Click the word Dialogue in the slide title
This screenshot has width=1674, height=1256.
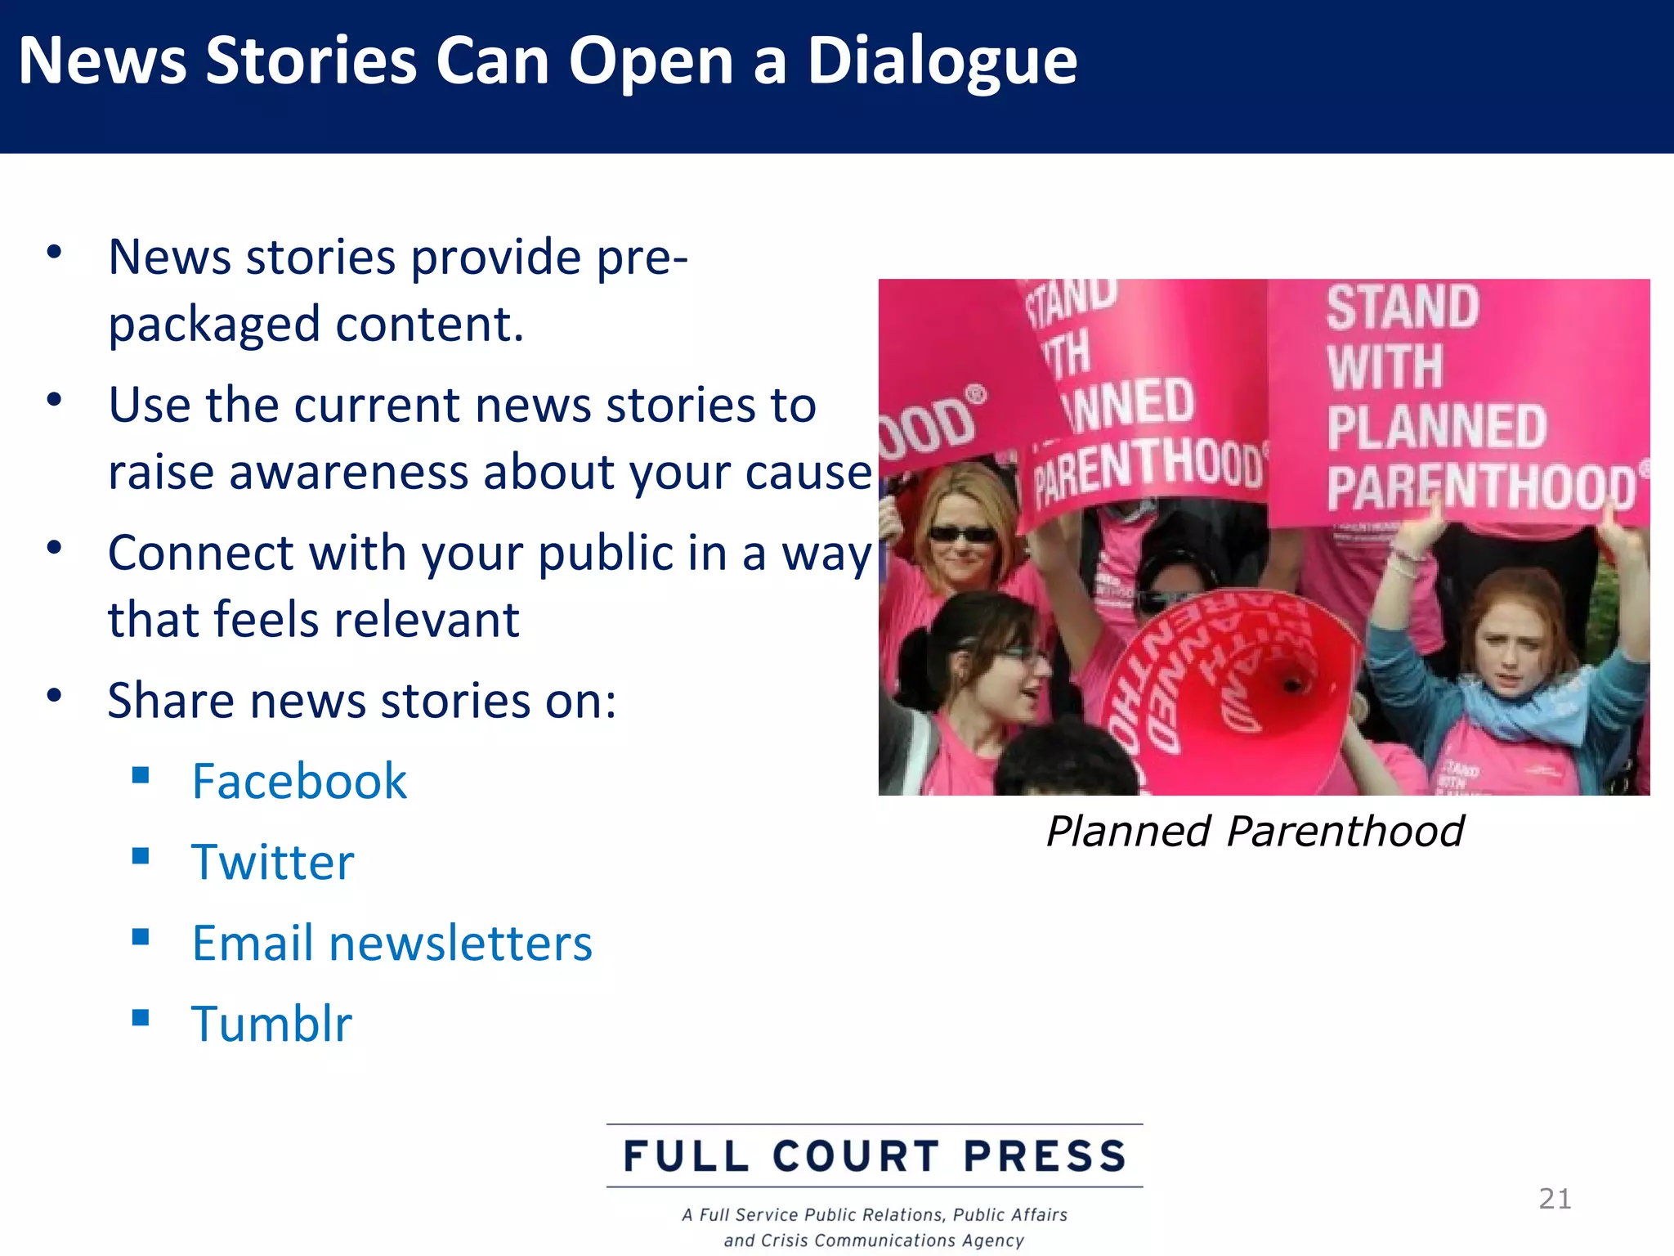click(942, 62)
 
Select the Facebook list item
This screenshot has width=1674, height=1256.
click(299, 781)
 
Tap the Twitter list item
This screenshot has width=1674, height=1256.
click(273, 862)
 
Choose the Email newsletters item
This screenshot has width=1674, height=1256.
click(392, 943)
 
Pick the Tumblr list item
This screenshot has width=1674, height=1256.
click(271, 1024)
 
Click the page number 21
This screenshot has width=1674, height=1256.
click(1555, 1199)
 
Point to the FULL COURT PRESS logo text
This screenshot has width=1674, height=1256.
click(875, 1156)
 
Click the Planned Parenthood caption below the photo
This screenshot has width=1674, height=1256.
click(1255, 832)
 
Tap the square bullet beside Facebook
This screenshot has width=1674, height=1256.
click(141, 775)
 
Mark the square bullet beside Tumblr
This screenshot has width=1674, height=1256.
click(141, 1018)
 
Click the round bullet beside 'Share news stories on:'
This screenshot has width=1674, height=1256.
click(55, 697)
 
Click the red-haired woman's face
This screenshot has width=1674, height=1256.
click(1512, 646)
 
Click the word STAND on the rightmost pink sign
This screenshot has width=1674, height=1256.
click(1403, 307)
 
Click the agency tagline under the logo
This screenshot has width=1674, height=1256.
click(875, 1227)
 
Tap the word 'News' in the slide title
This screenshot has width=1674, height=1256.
click(103, 62)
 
